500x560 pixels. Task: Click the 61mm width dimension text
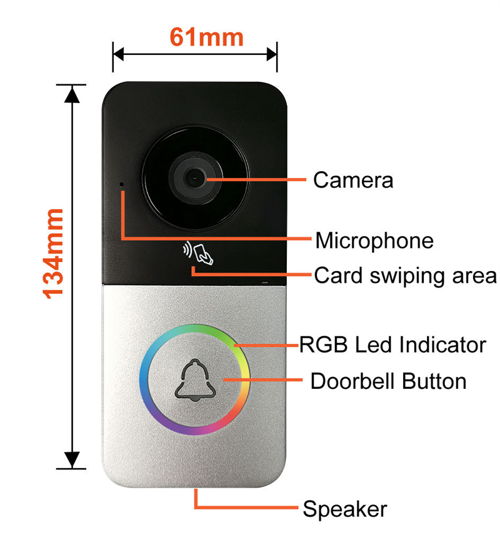[x=206, y=37]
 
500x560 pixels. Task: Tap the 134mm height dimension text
[x=53, y=253]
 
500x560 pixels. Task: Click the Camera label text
[x=353, y=180]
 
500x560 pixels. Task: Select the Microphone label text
[x=374, y=240]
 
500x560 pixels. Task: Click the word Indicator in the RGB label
[x=442, y=345]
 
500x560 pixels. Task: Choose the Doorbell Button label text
[x=388, y=381]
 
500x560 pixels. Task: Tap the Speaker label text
[x=345, y=509]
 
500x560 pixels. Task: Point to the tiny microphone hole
[x=122, y=185]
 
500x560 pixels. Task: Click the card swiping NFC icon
[x=198, y=253]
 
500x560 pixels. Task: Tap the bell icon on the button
[x=193, y=380]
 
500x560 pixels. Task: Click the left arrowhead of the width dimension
[x=118, y=55]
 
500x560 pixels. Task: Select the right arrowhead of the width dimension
[x=272, y=55]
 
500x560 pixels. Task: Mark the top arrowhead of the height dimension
[x=72, y=94]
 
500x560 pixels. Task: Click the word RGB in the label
[x=323, y=345]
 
